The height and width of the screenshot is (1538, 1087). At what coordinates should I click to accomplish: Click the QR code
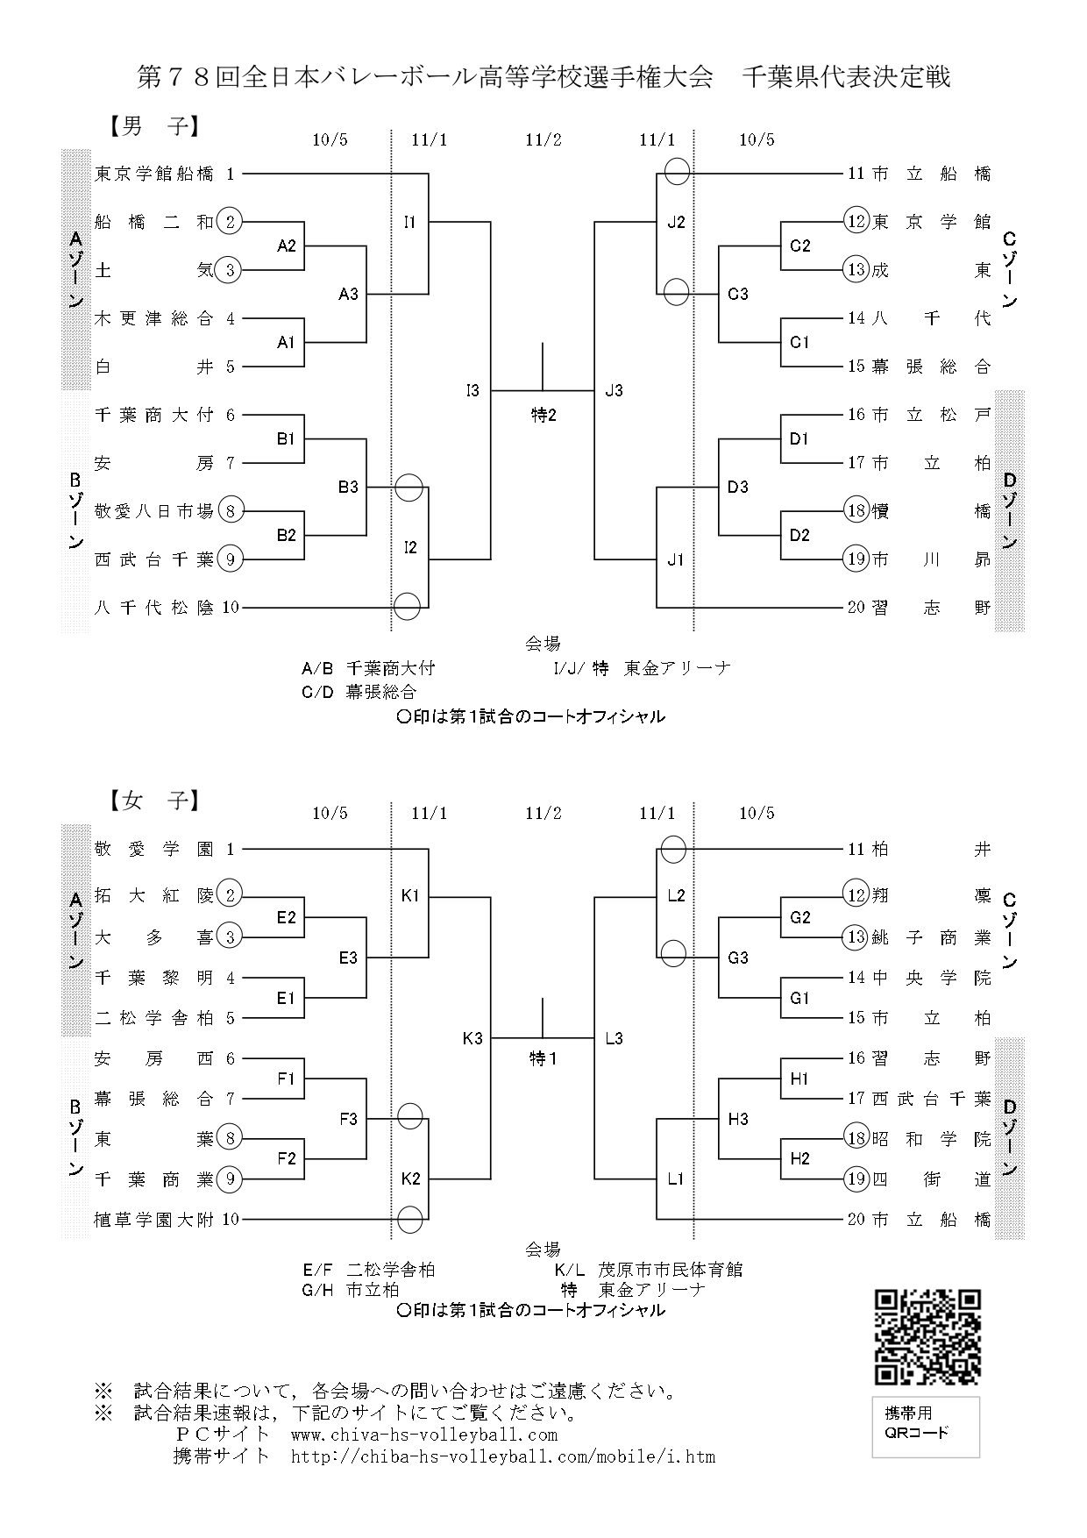click(927, 1336)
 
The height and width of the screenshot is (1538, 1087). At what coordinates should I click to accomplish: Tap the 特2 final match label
click(543, 416)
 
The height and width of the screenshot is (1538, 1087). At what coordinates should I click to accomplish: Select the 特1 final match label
click(543, 1059)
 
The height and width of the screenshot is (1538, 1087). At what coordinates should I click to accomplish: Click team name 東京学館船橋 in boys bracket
click(154, 174)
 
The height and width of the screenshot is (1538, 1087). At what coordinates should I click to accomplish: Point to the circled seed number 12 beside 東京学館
click(856, 221)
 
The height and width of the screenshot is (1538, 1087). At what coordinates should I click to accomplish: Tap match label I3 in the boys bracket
click(472, 391)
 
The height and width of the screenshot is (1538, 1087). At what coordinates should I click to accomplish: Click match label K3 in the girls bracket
click(472, 1039)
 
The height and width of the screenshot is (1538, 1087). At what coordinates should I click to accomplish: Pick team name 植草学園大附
click(154, 1219)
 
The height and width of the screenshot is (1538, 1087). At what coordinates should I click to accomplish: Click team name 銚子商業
click(931, 937)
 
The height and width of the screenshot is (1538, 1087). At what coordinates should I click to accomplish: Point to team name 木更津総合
click(154, 319)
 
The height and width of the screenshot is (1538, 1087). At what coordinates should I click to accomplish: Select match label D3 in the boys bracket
click(737, 488)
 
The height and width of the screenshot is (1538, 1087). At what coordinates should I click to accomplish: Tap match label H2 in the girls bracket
click(799, 1159)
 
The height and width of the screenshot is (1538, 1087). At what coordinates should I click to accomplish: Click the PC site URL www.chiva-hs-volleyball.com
click(423, 1435)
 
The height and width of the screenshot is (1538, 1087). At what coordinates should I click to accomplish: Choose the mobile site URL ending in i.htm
click(503, 1457)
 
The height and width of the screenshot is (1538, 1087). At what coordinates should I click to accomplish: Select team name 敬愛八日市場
click(154, 510)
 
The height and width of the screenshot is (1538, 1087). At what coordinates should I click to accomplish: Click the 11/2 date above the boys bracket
click(543, 139)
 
